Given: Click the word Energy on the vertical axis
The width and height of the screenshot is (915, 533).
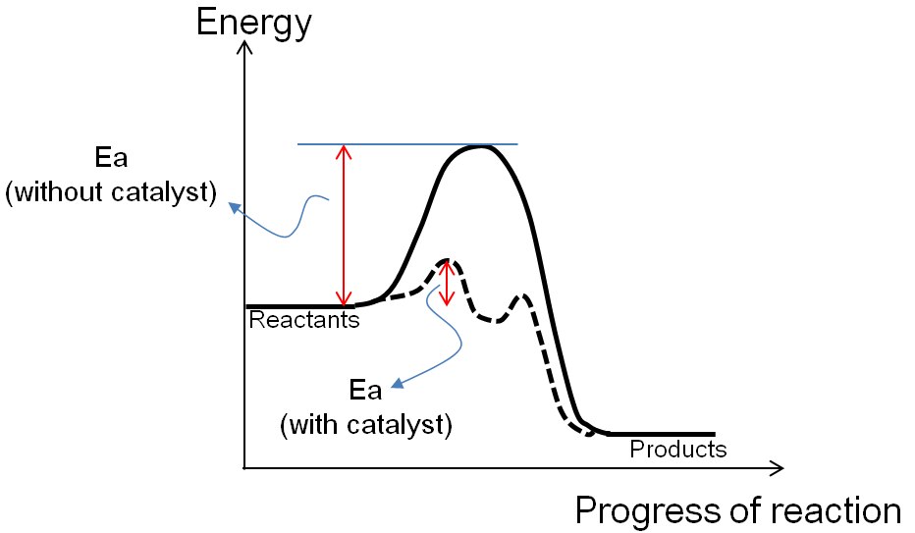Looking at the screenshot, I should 253,21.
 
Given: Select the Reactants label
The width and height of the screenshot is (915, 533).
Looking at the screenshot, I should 304,320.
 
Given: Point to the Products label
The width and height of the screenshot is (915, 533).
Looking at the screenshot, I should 677,450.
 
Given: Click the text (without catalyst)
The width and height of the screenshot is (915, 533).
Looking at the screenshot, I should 111,192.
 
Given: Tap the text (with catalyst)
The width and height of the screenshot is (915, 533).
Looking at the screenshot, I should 365,426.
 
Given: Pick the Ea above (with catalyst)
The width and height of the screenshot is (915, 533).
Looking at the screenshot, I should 365,391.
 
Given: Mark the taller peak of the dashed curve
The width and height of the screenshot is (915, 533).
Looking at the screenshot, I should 447,261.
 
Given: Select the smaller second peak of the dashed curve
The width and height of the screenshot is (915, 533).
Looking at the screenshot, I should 523,295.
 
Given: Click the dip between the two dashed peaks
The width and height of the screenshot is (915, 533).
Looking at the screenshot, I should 488,319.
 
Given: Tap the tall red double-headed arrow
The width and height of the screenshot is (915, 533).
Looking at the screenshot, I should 343,226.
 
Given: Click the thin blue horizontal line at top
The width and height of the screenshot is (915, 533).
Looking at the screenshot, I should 407,144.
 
